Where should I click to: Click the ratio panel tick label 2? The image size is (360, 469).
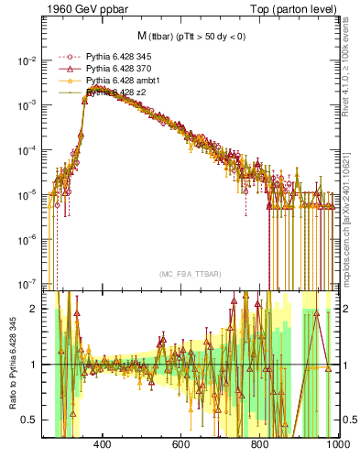point(35,309)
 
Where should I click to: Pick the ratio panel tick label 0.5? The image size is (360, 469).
point(30,420)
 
